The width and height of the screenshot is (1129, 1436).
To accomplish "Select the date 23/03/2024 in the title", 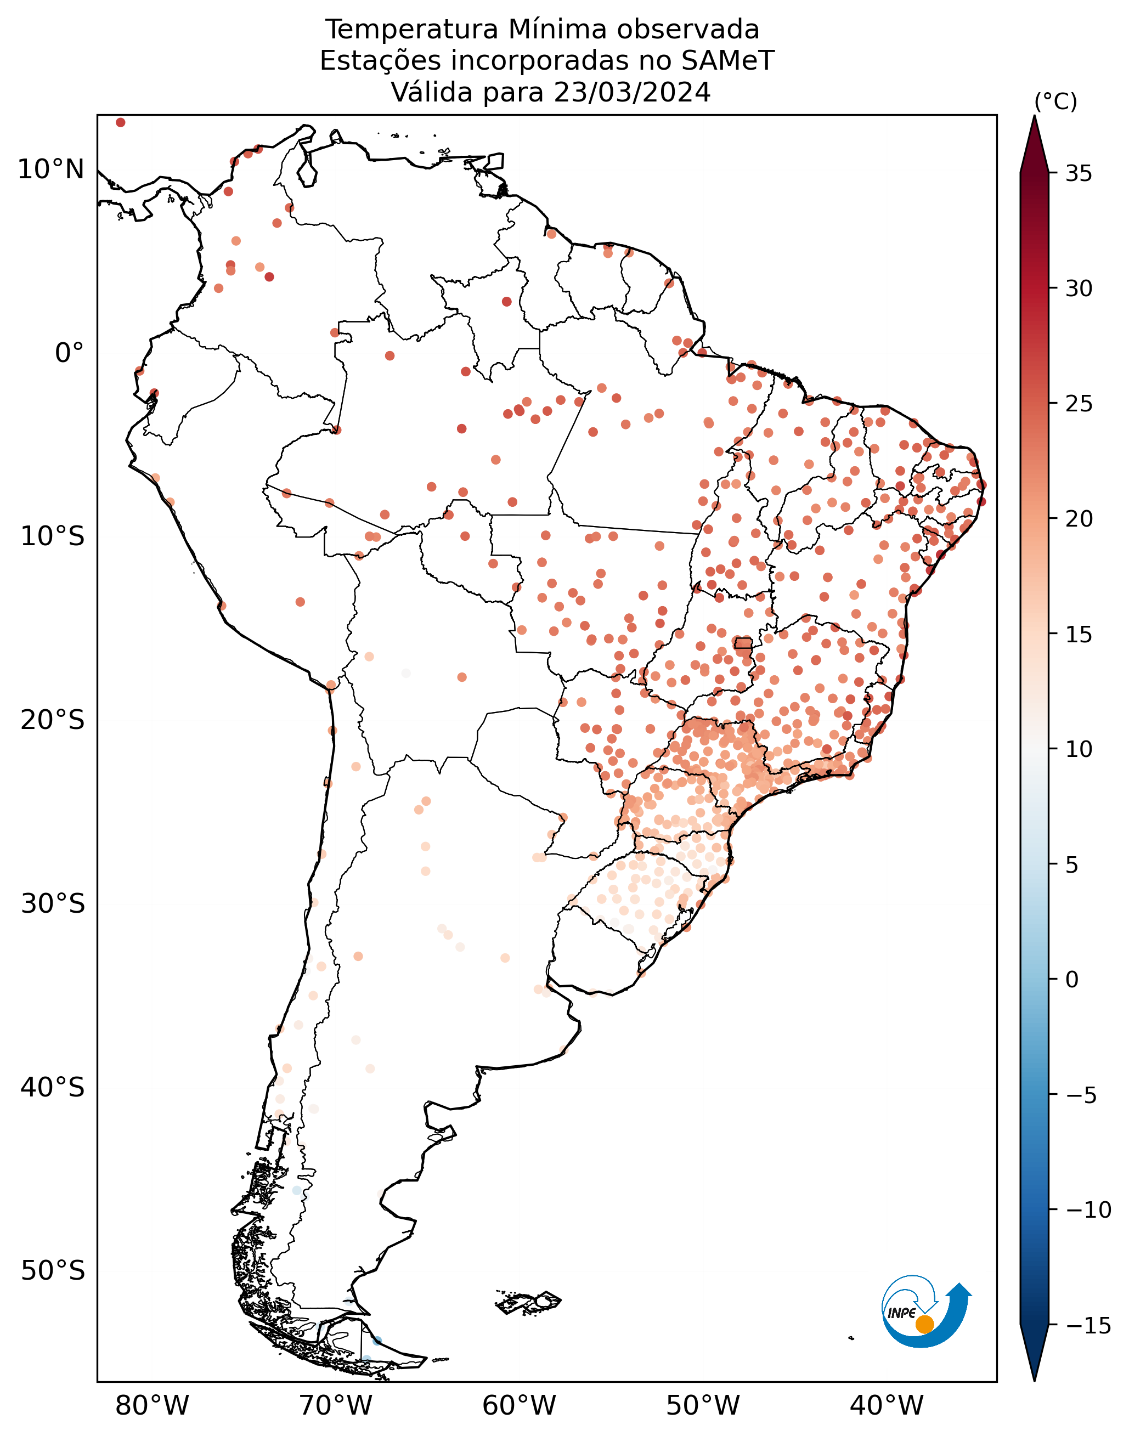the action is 632,93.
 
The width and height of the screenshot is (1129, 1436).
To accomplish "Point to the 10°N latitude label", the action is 51,170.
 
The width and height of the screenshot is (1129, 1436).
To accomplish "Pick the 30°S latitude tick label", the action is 53,903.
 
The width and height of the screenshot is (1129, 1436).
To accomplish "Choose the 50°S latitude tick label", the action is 53,1271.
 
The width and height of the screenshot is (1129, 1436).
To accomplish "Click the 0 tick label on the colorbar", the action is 1072,979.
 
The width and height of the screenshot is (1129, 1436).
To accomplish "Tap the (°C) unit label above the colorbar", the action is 1055,102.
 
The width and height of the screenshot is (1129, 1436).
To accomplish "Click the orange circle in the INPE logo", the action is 925,1324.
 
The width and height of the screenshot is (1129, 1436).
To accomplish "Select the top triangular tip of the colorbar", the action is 1035,117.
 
